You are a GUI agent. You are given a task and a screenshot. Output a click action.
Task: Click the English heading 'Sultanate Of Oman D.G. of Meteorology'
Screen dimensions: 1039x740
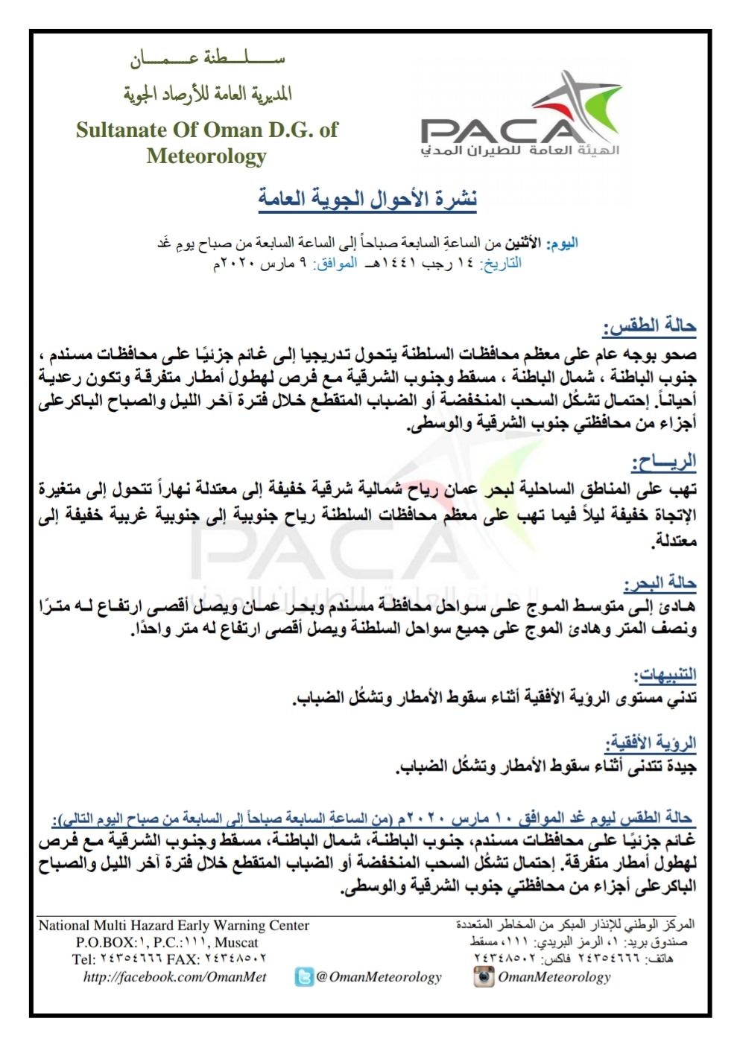206,142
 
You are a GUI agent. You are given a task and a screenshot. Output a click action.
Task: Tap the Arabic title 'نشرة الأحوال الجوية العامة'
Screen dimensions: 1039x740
367,199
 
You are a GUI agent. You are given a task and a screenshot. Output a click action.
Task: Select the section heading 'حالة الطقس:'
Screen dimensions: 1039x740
649,325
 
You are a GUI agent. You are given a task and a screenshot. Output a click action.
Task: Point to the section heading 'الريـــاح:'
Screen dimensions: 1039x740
663,463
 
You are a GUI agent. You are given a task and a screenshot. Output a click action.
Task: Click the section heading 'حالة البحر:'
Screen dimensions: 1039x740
660,582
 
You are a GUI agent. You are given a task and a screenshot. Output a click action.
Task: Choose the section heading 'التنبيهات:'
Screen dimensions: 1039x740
664,675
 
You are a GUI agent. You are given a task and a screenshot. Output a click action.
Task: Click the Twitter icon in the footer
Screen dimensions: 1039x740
304,977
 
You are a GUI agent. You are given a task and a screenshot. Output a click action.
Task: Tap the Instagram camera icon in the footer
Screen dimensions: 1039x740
484,977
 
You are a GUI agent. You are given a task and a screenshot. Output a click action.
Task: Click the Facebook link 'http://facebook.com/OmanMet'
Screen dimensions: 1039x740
174,977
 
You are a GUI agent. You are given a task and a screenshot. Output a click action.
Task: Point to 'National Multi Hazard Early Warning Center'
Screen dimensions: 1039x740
174,926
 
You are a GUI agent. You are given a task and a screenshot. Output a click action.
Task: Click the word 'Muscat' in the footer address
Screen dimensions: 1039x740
236,942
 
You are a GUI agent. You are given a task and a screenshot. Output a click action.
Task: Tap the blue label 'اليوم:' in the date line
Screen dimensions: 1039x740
562,244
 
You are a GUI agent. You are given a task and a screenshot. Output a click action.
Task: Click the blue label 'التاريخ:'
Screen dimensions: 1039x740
501,264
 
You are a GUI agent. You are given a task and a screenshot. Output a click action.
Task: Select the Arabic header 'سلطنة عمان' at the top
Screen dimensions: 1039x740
207,60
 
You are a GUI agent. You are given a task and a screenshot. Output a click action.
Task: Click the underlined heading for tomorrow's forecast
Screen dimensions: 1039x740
373,819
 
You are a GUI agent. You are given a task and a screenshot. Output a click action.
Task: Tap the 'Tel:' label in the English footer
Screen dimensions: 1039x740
83,959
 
